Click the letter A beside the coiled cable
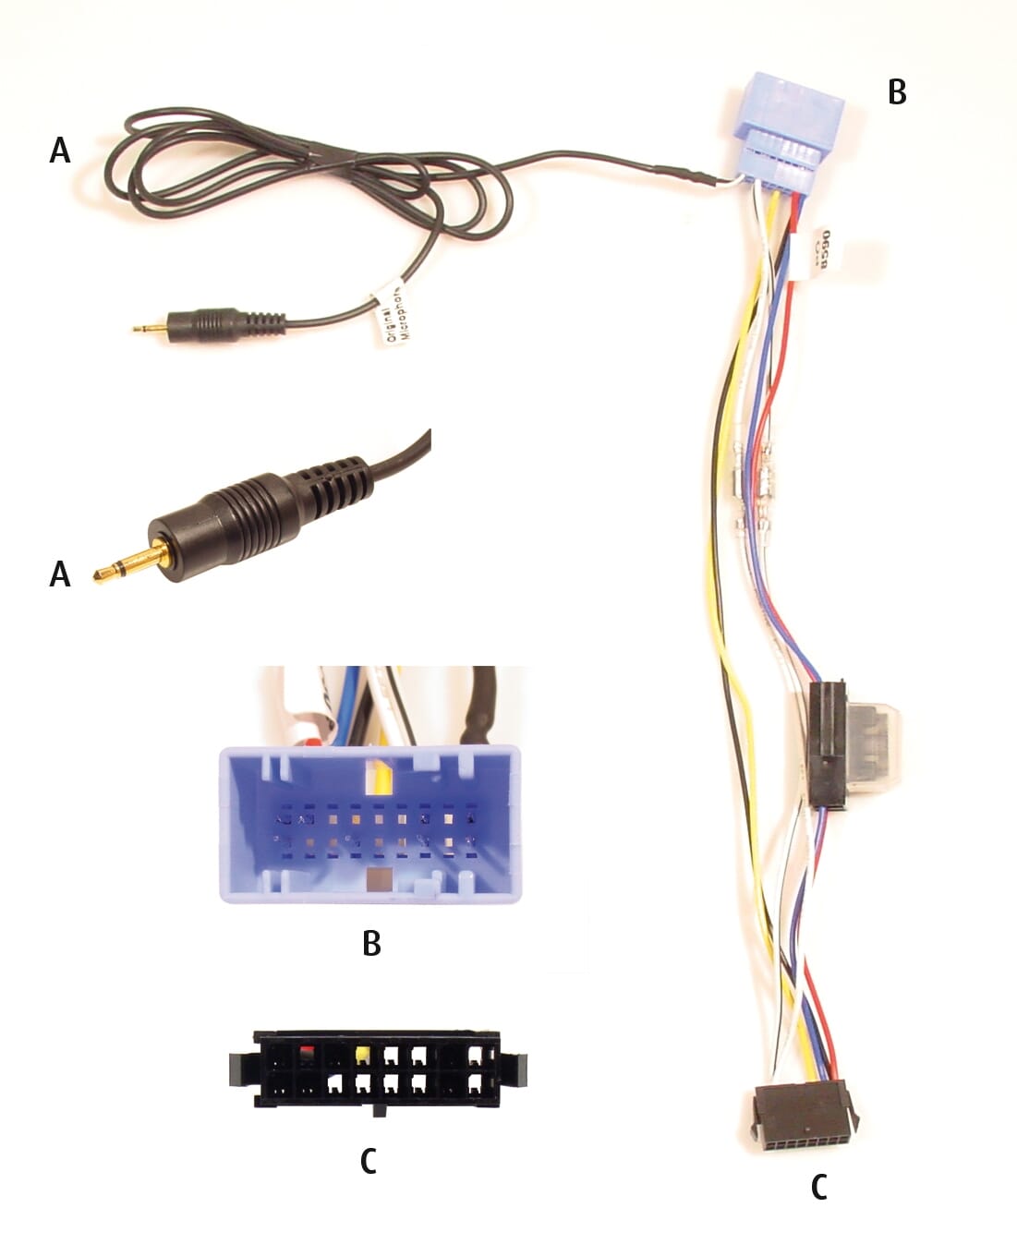pyautogui.click(x=60, y=149)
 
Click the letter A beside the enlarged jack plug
pyautogui.click(x=60, y=574)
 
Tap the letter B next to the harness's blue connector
pyautogui.click(x=896, y=92)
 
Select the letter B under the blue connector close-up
pyautogui.click(x=371, y=943)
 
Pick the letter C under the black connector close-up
pyautogui.click(x=368, y=1161)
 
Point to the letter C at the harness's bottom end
pyautogui.click(x=818, y=1188)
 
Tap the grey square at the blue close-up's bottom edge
pyautogui.click(x=378, y=880)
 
